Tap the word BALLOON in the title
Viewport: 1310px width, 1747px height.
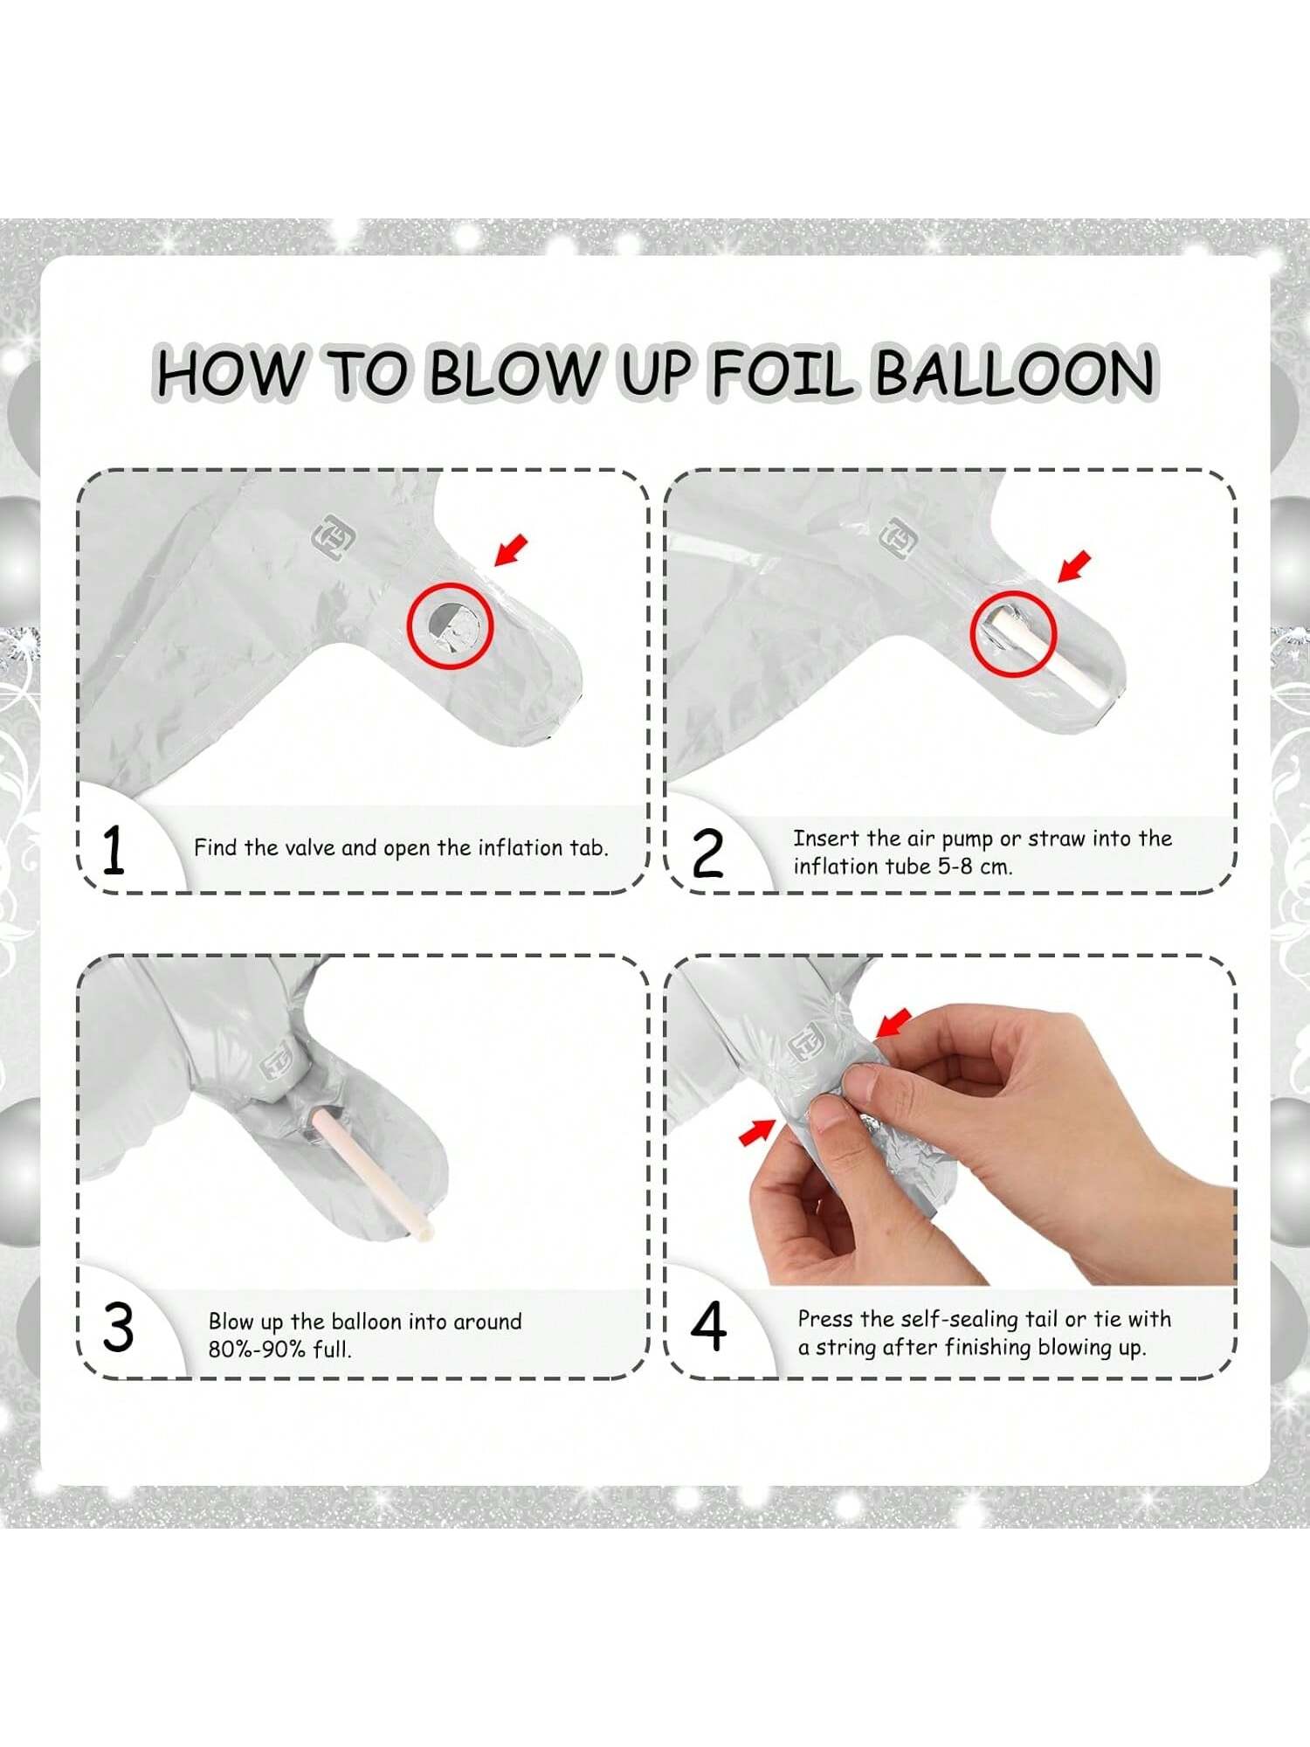click(x=1014, y=372)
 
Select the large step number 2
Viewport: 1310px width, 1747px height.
click(x=707, y=853)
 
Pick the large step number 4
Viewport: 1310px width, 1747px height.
click(x=708, y=1326)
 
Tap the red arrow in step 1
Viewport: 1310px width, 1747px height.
click(x=512, y=550)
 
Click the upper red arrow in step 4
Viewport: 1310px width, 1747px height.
click(x=893, y=1023)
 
